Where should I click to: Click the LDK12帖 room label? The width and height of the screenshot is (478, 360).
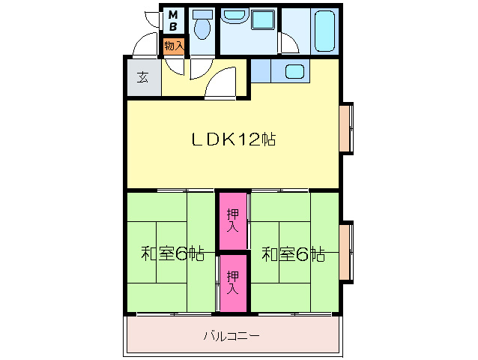click(x=232, y=139)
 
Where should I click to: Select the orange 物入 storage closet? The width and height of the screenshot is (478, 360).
click(x=174, y=46)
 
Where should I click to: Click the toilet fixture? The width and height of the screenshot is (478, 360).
click(x=201, y=27)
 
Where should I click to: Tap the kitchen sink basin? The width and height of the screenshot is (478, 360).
click(x=294, y=72)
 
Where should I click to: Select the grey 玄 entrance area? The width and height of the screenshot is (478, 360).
click(x=142, y=77)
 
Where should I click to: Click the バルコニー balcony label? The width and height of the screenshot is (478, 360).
click(x=232, y=336)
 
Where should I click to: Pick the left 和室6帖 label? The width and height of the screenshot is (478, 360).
click(x=172, y=253)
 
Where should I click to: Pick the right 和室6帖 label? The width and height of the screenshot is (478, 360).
click(x=293, y=253)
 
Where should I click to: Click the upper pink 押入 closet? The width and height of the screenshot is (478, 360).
click(x=233, y=220)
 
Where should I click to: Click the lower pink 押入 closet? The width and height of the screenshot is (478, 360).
click(x=233, y=283)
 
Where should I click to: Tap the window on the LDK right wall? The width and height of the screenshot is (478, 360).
click(x=345, y=127)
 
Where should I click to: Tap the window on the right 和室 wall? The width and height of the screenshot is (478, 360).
click(x=345, y=251)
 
